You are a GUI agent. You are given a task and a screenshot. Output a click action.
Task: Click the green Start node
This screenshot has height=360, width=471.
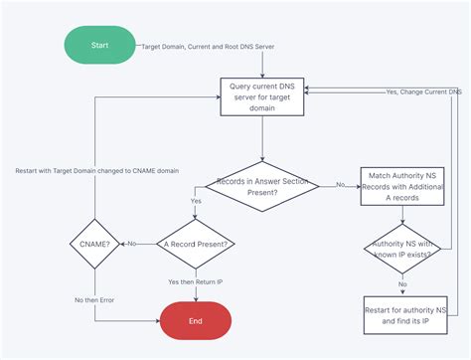98,46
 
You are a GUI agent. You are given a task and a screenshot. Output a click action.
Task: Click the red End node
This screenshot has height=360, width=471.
196,320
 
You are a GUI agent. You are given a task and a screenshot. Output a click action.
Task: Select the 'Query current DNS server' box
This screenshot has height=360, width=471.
262,96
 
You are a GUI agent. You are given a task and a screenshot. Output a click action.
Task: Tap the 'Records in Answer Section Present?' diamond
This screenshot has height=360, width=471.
262,185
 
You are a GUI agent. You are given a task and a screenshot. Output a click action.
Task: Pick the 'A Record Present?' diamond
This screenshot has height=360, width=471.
196,244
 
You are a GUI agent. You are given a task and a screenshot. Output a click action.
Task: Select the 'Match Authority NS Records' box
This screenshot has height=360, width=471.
402,185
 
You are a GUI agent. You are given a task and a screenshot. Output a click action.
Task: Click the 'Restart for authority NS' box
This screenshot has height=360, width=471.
402,313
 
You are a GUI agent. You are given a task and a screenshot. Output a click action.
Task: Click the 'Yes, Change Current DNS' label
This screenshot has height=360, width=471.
423,91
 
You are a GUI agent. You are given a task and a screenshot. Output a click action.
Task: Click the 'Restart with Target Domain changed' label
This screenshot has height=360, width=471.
97,170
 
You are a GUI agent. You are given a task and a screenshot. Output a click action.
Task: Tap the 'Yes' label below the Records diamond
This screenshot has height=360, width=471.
195,200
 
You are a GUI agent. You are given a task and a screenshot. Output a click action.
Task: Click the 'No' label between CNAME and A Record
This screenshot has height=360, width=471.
132,244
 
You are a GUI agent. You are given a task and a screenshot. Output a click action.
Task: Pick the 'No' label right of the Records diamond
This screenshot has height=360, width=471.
341,185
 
